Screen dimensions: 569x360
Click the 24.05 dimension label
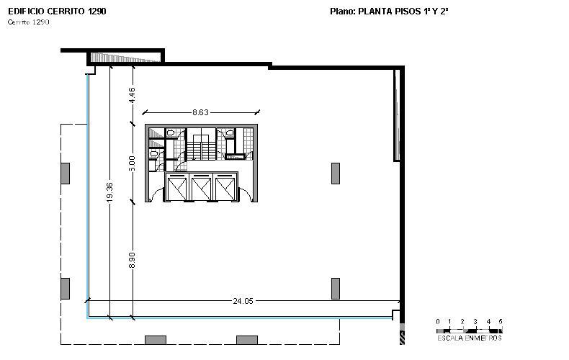243,301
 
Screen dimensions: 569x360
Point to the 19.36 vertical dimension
110,192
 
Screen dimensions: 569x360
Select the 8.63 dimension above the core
200,112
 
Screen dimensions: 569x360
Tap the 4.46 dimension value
132,95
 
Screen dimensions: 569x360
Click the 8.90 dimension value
132,260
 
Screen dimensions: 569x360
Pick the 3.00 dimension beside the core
132,163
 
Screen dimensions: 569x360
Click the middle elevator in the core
201,187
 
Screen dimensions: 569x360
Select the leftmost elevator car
177,187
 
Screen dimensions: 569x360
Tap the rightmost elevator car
225,187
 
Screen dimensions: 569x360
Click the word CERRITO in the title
66,12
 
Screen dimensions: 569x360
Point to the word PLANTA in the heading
375,12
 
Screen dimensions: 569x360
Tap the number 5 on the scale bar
501,322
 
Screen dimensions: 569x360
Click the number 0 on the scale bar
438,322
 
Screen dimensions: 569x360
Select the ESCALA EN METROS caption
470,338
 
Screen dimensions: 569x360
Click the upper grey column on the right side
336,174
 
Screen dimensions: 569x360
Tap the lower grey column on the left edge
66,289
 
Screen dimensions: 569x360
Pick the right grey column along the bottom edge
247,340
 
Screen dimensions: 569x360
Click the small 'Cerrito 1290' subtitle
28,22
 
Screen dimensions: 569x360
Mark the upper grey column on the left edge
66,174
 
